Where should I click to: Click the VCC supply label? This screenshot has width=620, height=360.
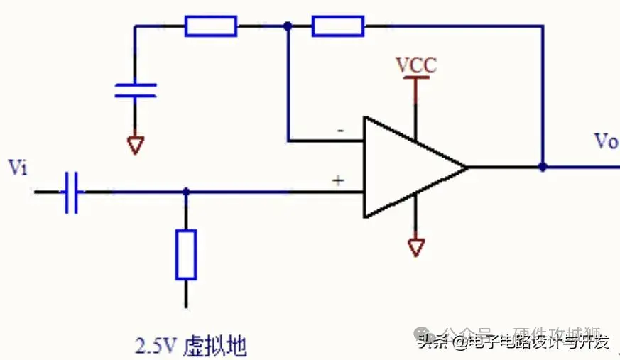pyautogui.click(x=416, y=66)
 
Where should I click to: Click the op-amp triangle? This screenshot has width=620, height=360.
pyautogui.click(x=408, y=168)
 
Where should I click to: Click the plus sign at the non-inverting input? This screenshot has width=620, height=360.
pyautogui.click(x=339, y=181)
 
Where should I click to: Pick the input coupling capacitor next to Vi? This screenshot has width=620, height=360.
pyautogui.click(x=70, y=192)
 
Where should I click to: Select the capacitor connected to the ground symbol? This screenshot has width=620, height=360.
pyautogui.click(x=135, y=90)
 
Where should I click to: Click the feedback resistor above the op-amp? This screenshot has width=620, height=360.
pyautogui.click(x=338, y=27)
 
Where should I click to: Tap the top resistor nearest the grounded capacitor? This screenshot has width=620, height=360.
pyautogui.click(x=211, y=27)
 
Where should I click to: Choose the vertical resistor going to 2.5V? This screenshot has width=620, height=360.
pyautogui.click(x=186, y=254)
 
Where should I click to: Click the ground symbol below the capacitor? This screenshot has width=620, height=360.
pyautogui.click(x=135, y=145)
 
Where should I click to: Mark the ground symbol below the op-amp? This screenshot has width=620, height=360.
pyautogui.click(x=416, y=247)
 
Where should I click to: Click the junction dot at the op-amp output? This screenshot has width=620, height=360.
pyautogui.click(x=543, y=168)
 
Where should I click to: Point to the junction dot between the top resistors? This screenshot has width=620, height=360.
pyautogui.click(x=288, y=27)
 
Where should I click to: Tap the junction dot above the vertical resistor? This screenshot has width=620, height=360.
pyautogui.click(x=186, y=192)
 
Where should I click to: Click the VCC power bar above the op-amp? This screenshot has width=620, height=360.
pyautogui.click(x=416, y=80)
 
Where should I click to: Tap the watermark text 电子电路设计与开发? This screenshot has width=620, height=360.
pyautogui.click(x=539, y=342)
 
